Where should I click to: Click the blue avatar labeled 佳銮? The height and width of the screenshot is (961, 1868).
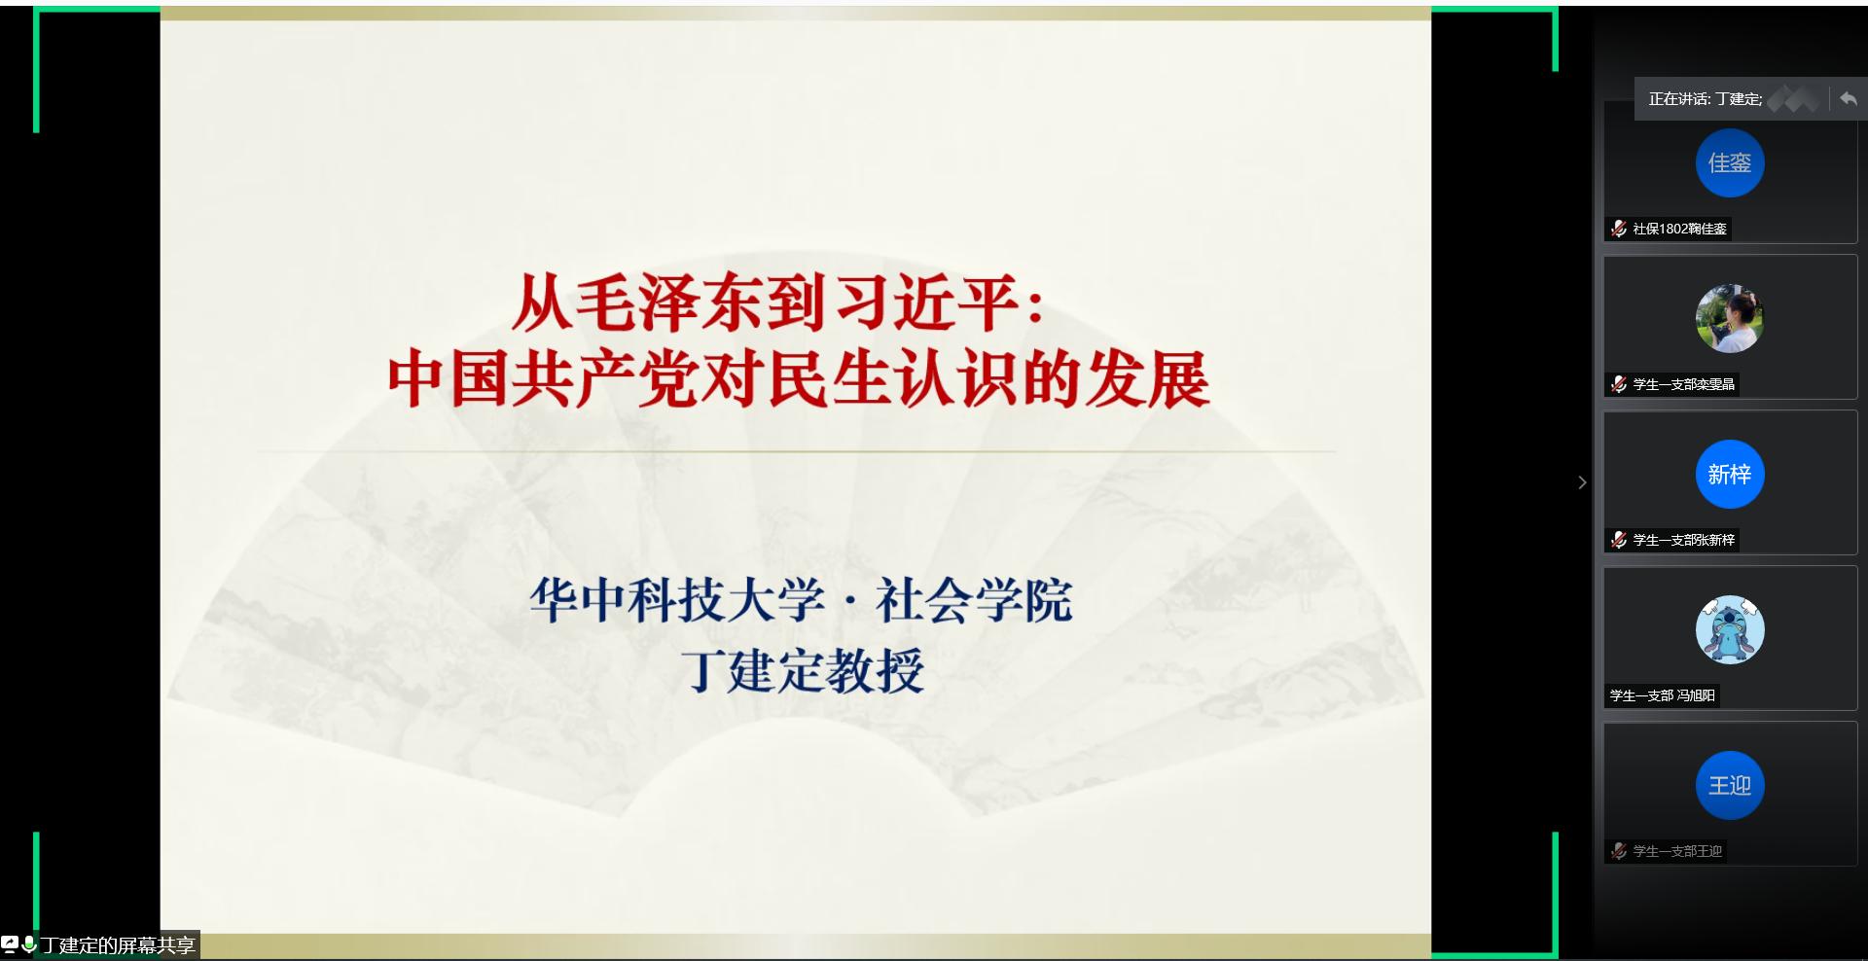tap(1729, 163)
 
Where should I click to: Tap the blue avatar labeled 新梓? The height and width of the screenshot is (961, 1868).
tap(1729, 475)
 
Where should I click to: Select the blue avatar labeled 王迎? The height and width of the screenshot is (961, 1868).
tap(1729, 786)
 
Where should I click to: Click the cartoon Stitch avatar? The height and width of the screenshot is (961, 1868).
tap(1729, 630)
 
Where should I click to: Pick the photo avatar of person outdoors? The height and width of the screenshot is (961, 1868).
tap(1729, 319)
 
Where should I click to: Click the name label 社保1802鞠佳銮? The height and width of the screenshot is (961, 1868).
tap(1679, 229)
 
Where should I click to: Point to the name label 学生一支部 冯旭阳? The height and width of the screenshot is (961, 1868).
tap(1662, 695)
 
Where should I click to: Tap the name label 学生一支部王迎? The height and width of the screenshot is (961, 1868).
tap(1677, 851)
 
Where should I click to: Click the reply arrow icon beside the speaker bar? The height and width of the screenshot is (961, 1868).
tap(1849, 98)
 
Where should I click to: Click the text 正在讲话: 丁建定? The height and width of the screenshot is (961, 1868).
tap(1705, 99)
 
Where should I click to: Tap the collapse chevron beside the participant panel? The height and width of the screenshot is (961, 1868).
tap(1582, 482)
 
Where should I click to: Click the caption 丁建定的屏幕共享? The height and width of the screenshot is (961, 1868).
tap(117, 945)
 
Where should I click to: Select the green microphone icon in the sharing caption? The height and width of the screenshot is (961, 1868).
tap(29, 943)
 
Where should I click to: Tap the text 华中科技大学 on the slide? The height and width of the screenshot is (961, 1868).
tap(677, 599)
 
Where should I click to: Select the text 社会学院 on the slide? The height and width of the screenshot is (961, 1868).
tap(974, 599)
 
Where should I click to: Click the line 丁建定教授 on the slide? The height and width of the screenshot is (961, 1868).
tap(802, 670)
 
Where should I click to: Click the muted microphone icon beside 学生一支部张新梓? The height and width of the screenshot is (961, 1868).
tap(1619, 540)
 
